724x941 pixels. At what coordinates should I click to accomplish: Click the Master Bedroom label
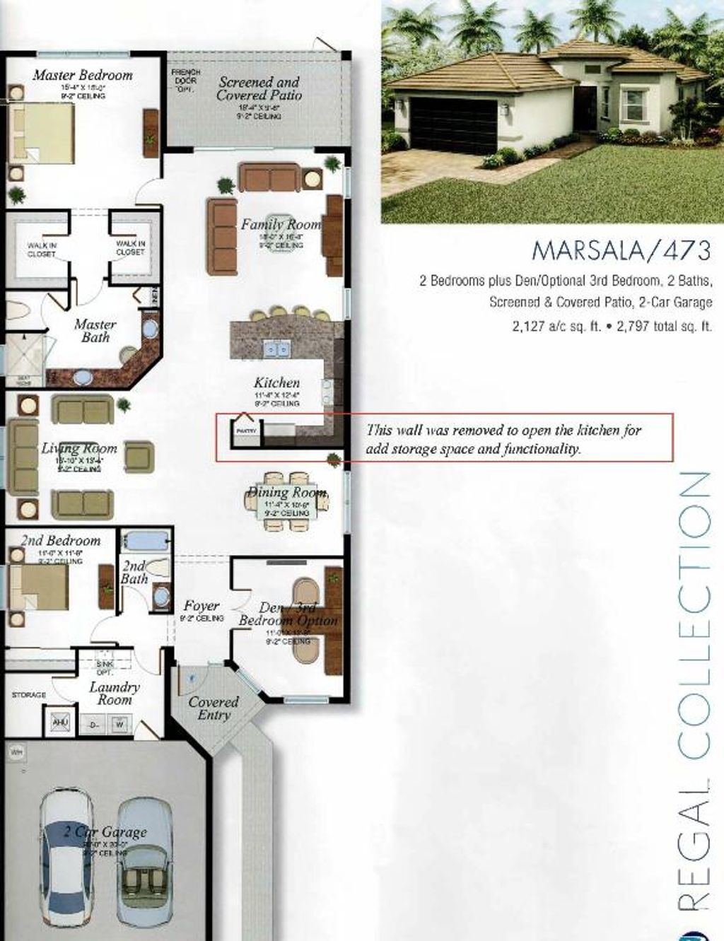tap(83, 75)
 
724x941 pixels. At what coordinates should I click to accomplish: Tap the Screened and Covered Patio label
tap(259, 88)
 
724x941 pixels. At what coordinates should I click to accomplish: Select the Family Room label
tap(281, 224)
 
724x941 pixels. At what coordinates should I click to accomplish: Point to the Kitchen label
tap(276, 382)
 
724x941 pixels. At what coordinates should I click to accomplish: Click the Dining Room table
tap(286, 501)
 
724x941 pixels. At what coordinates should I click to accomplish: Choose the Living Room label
tap(78, 448)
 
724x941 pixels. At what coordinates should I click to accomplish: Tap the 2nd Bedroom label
tap(61, 541)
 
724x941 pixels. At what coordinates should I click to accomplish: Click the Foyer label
tap(202, 606)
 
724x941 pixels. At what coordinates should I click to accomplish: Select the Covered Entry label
tap(214, 708)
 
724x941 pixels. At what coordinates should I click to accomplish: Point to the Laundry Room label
tap(115, 693)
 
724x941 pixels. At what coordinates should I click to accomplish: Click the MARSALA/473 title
tap(620, 250)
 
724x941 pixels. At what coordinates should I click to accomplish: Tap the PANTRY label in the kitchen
tap(246, 431)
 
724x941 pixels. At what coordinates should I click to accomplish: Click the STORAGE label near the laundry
tap(29, 696)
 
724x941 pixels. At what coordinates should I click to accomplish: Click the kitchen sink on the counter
tap(276, 349)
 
